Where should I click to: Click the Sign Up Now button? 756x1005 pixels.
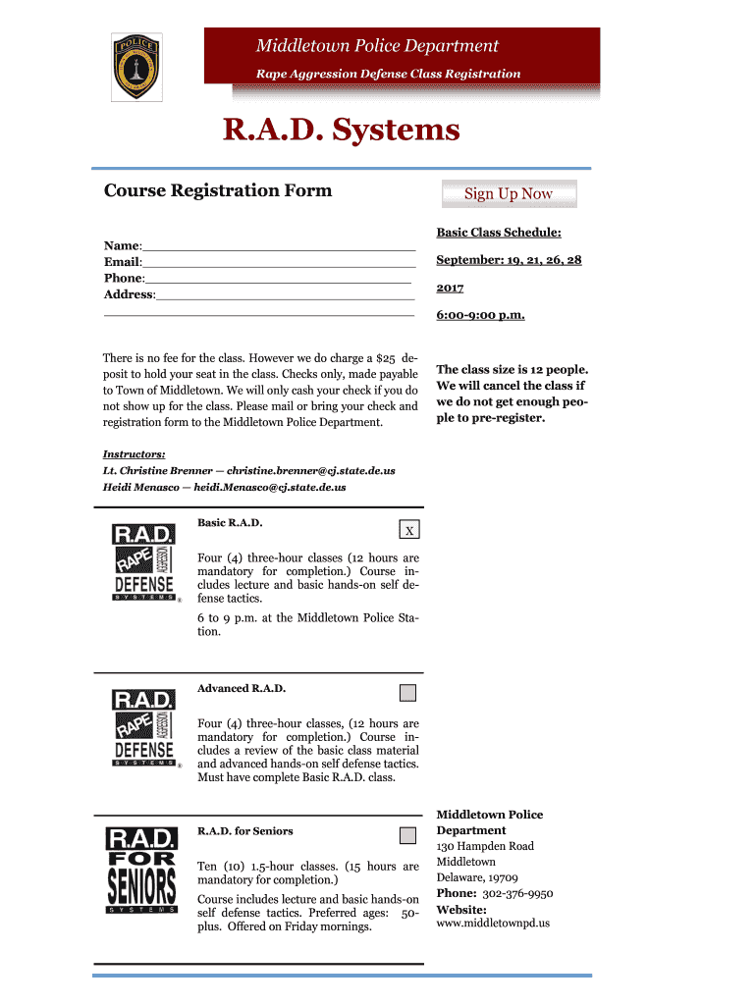(509, 194)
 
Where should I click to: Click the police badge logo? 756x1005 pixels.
(136, 66)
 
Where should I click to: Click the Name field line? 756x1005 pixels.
(279, 247)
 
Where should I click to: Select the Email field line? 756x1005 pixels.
(279, 263)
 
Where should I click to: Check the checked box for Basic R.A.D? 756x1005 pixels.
(410, 530)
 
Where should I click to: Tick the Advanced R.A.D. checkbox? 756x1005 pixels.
(407, 693)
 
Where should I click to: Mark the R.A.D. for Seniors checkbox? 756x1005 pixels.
(407, 836)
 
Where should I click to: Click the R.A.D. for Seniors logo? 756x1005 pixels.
(141, 870)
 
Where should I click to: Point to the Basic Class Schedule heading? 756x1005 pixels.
(499, 233)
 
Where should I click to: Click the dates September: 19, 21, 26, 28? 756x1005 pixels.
(509, 260)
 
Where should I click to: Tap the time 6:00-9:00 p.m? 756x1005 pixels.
(480, 315)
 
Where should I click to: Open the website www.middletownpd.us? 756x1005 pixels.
(492, 924)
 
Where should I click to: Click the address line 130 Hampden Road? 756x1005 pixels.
(485, 846)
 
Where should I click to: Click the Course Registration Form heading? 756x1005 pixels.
(218, 190)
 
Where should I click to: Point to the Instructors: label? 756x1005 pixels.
(134, 454)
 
